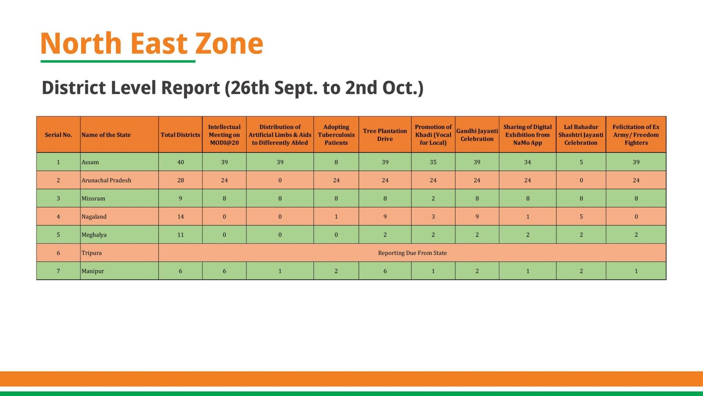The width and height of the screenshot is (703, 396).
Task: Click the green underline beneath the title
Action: pyautogui.click(x=118, y=61)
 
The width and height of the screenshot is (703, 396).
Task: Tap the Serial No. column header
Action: pyautogui.click(x=58, y=135)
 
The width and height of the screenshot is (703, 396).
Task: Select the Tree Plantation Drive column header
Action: pyautogui.click(x=385, y=135)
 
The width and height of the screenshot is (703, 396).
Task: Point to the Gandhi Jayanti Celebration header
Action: pyautogui.click(x=477, y=135)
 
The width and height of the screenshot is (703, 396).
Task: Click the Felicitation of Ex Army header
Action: pyautogui.click(x=636, y=135)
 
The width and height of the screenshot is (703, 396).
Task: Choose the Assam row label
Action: pyautogui.click(x=90, y=162)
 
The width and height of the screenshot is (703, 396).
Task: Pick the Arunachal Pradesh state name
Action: pyautogui.click(x=106, y=180)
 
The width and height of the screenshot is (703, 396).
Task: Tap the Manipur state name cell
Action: pyautogui.click(x=93, y=271)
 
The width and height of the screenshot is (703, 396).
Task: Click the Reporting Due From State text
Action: pyautogui.click(x=412, y=253)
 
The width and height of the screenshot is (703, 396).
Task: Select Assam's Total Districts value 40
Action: pyautogui.click(x=180, y=162)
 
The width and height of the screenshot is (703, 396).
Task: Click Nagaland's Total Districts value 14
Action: pyautogui.click(x=180, y=216)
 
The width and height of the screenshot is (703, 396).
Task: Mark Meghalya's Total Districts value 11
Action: pyautogui.click(x=180, y=235)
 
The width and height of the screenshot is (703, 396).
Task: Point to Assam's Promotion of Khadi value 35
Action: pyautogui.click(x=433, y=162)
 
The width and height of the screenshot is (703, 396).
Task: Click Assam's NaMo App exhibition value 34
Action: pyautogui.click(x=527, y=162)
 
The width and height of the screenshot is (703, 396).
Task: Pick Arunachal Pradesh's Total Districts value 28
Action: pyautogui.click(x=180, y=180)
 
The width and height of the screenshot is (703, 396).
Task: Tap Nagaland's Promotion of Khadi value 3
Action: pyautogui.click(x=433, y=216)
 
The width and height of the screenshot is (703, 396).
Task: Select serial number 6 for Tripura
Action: pyautogui.click(x=58, y=253)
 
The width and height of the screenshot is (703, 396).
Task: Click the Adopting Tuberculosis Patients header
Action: pyautogui.click(x=336, y=135)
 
